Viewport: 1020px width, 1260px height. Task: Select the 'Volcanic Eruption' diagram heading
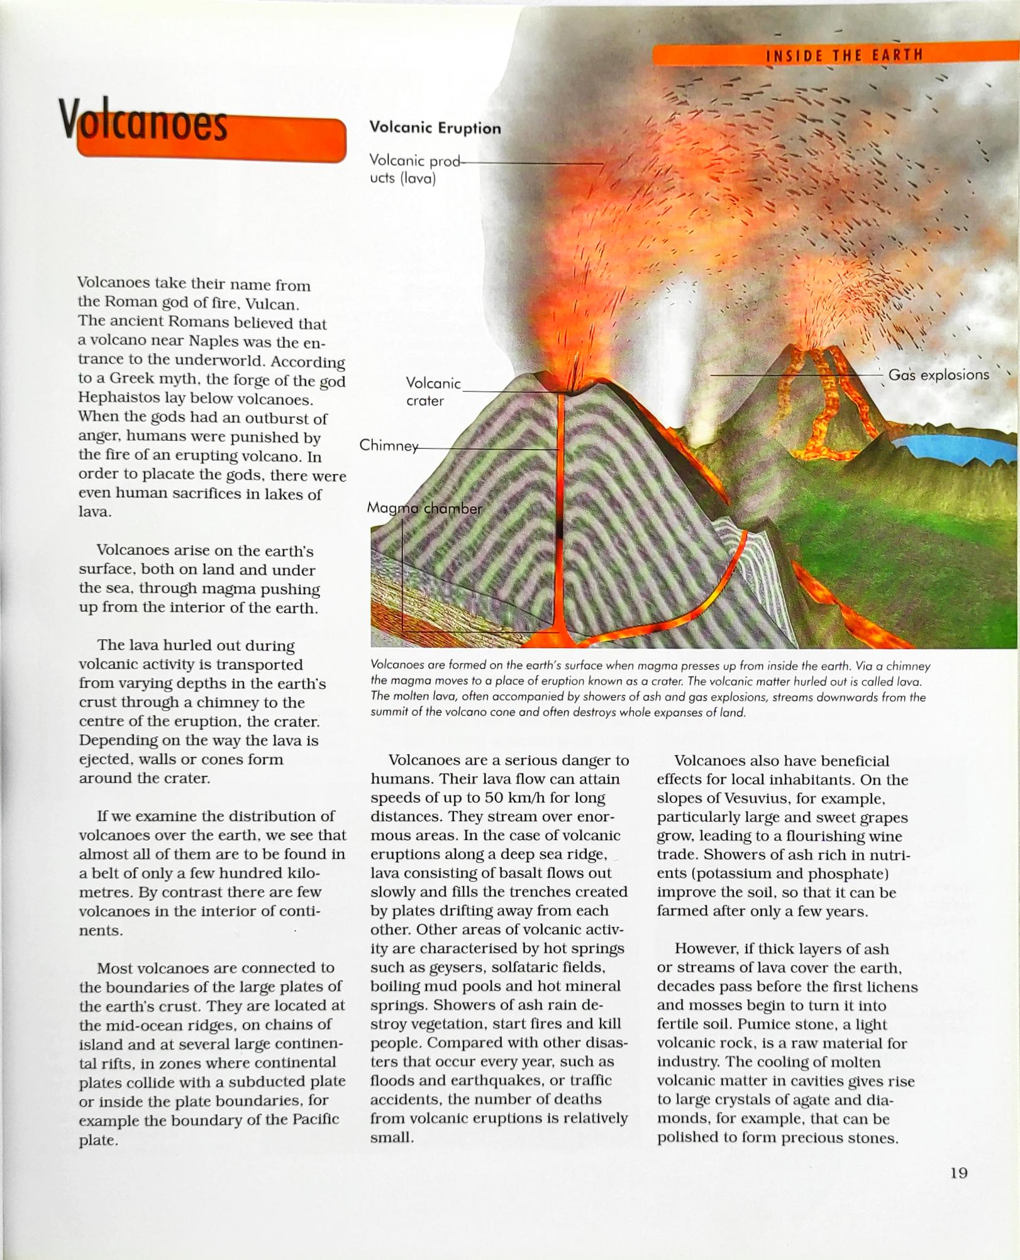(x=435, y=128)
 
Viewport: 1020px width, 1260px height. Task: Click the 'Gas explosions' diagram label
(x=938, y=375)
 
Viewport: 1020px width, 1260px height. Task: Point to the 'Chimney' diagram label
(x=388, y=446)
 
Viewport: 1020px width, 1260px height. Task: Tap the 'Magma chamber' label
(x=424, y=508)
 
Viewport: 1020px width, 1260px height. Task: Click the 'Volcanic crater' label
(x=433, y=392)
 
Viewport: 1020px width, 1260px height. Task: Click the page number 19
(x=958, y=1173)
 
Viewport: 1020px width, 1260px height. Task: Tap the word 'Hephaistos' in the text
(x=114, y=399)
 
